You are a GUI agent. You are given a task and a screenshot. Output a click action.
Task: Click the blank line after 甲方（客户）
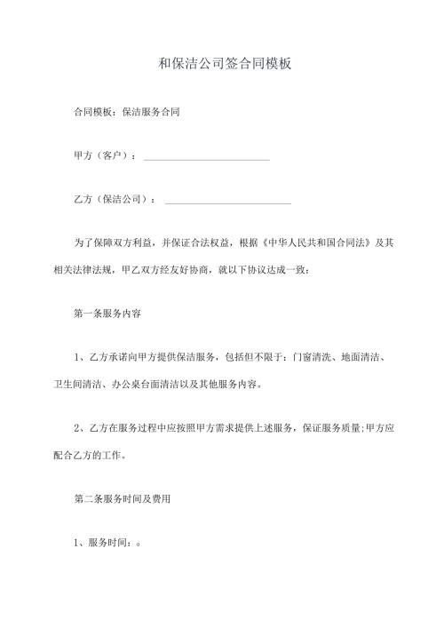[x=206, y=157]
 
